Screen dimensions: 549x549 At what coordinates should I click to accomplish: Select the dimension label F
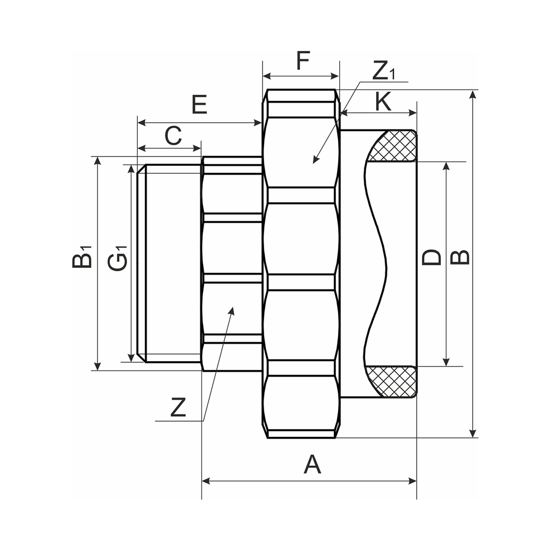(x=303, y=60)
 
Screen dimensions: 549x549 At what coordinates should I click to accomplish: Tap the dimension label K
(x=383, y=102)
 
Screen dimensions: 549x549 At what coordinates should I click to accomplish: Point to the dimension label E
(x=199, y=104)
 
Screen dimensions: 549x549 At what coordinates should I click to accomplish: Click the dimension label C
(x=173, y=136)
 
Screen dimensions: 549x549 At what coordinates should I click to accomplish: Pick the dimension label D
(x=432, y=257)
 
